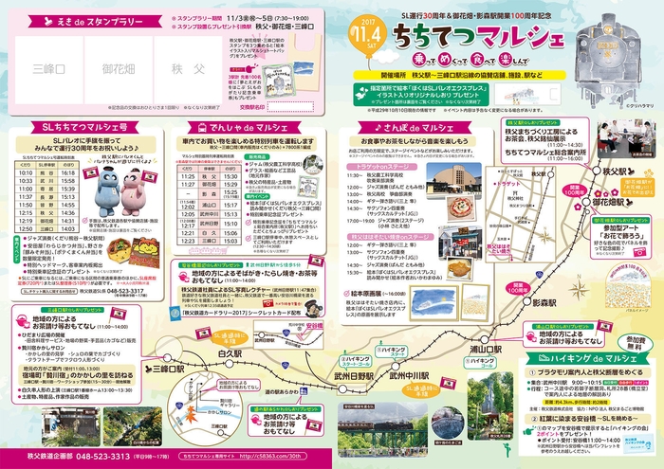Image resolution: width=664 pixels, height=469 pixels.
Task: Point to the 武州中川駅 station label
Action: tap(409, 376)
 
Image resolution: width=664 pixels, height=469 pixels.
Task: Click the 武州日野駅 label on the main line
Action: tap(346, 377)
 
